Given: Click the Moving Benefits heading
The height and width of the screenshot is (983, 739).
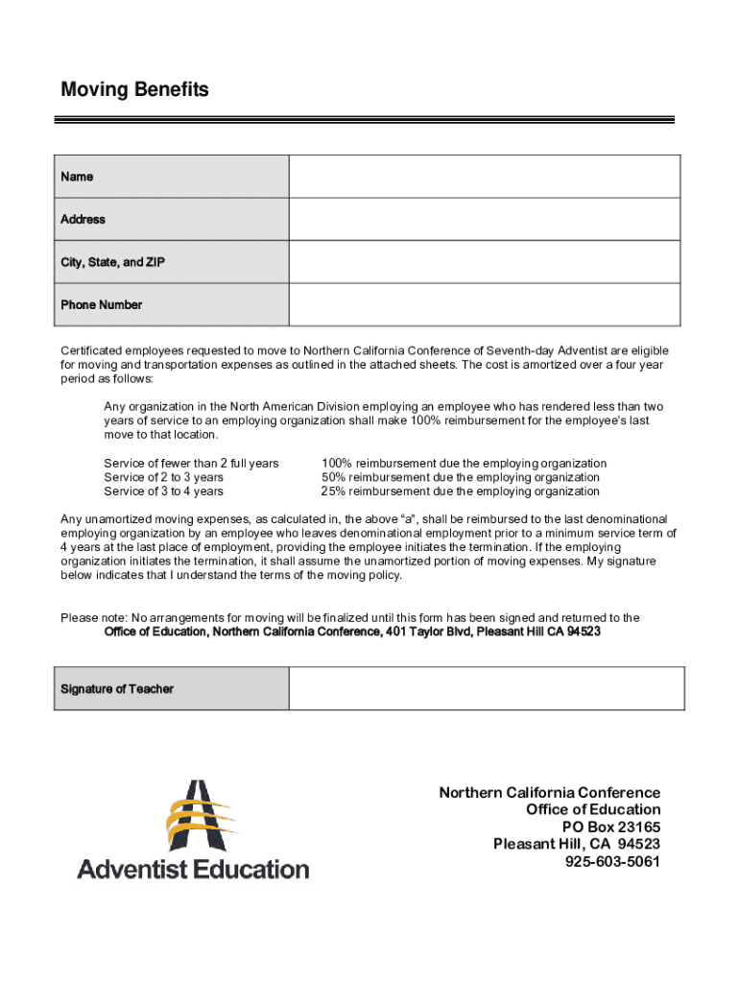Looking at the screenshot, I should coord(134,90).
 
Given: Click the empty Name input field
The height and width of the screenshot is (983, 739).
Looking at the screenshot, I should coord(484,177).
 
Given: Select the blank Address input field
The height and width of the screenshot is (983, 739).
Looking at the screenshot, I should coord(484,220).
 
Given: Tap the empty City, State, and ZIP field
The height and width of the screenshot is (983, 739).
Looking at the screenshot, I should coord(484,262).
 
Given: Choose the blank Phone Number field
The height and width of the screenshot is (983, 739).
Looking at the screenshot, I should coord(484,304).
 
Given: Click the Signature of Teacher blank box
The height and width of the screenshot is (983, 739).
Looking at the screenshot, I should coord(486,689).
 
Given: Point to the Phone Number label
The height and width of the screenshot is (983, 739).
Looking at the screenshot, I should coord(101,305).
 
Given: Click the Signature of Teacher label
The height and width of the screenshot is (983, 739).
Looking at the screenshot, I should coord(117,689).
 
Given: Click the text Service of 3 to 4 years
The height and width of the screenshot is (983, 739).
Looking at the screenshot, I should coord(163,491).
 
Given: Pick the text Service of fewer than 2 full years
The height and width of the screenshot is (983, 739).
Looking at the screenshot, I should coord(191,464).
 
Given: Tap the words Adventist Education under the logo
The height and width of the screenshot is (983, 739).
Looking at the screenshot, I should coord(193,870).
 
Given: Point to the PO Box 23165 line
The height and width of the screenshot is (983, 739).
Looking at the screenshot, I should coord(610,827).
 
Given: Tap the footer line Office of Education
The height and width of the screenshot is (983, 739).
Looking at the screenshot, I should coord(592,810).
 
